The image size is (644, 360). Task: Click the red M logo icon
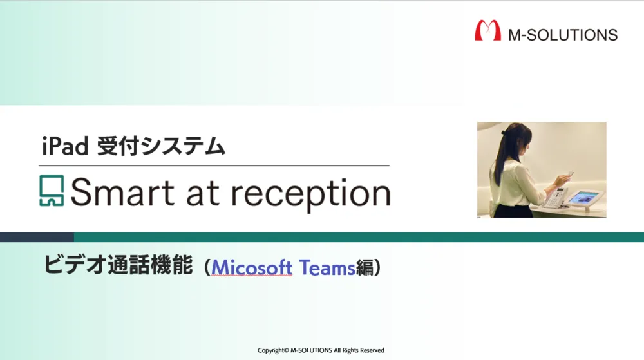(488, 30)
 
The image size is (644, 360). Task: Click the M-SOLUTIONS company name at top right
(563, 35)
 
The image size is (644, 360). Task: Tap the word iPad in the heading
(65, 146)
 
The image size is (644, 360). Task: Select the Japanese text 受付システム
(161, 146)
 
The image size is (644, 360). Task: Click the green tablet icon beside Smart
(52, 191)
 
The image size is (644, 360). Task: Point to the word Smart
(123, 192)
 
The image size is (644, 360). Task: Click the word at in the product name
(202, 193)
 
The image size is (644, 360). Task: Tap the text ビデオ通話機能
(118, 265)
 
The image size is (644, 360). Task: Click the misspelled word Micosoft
(252, 267)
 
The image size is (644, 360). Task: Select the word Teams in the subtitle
(327, 267)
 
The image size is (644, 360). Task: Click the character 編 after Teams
(365, 268)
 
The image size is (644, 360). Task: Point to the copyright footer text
(321, 350)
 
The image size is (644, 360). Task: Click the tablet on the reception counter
(583, 199)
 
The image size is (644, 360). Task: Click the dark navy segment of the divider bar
(37, 237)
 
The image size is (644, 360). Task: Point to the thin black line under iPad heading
(214, 166)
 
